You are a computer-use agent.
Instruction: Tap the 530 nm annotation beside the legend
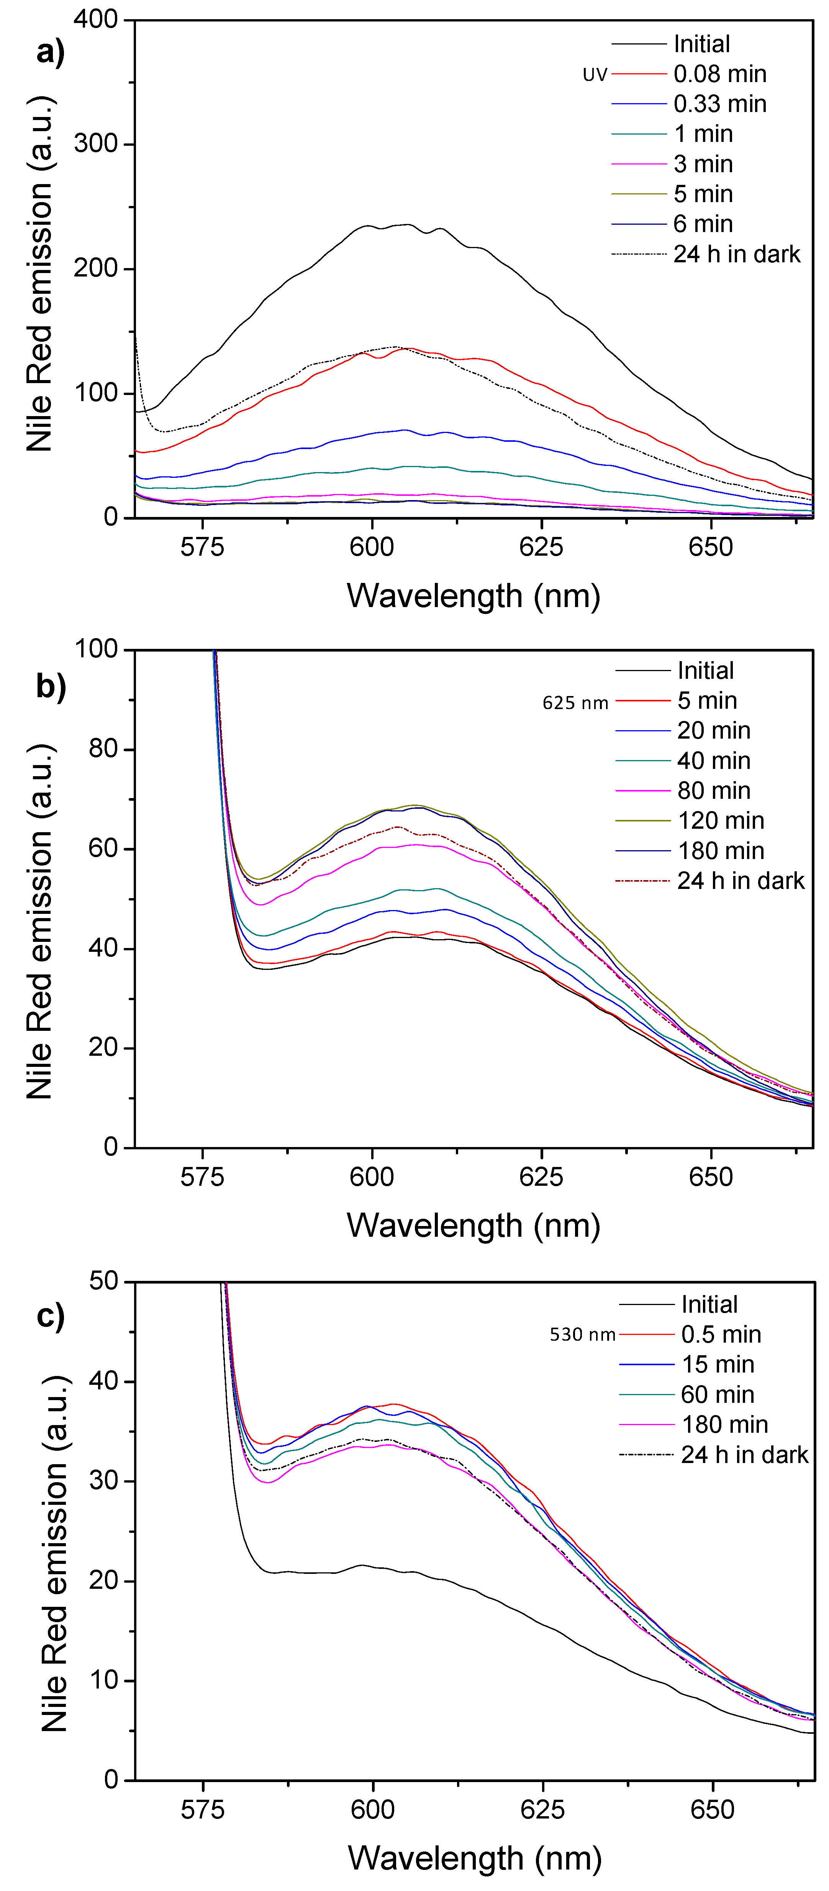click(583, 1335)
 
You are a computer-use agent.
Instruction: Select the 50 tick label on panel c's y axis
click(103, 1282)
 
